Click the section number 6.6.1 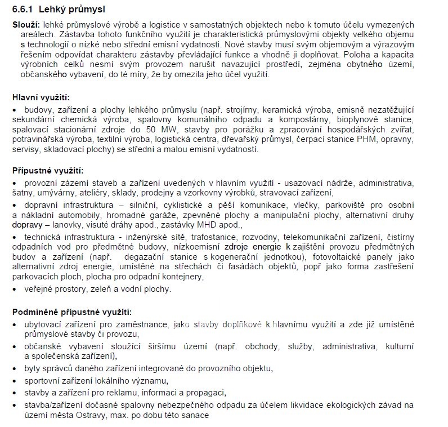24,10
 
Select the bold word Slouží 25,24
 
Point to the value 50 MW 154,129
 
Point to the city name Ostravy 88,415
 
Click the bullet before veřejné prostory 15,289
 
